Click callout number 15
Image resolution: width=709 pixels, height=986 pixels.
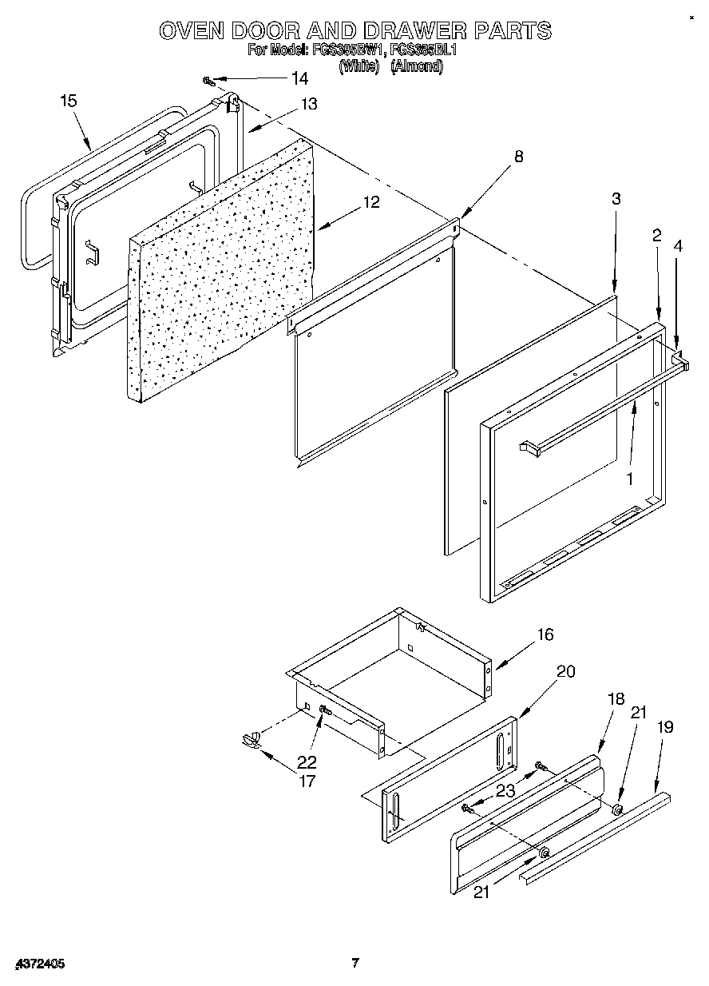69,100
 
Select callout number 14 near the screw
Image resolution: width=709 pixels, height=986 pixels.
299,78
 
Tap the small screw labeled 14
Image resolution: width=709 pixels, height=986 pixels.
209,81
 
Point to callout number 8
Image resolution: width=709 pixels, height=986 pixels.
519,157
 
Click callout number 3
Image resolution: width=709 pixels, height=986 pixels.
616,199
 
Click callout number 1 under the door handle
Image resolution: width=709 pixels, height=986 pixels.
630,479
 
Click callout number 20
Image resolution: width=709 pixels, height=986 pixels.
565,671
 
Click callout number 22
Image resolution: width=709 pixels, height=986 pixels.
307,761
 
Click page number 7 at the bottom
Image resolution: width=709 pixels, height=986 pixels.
356,963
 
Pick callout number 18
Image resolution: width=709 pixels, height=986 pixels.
615,698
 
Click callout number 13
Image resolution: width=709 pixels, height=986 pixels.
308,104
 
